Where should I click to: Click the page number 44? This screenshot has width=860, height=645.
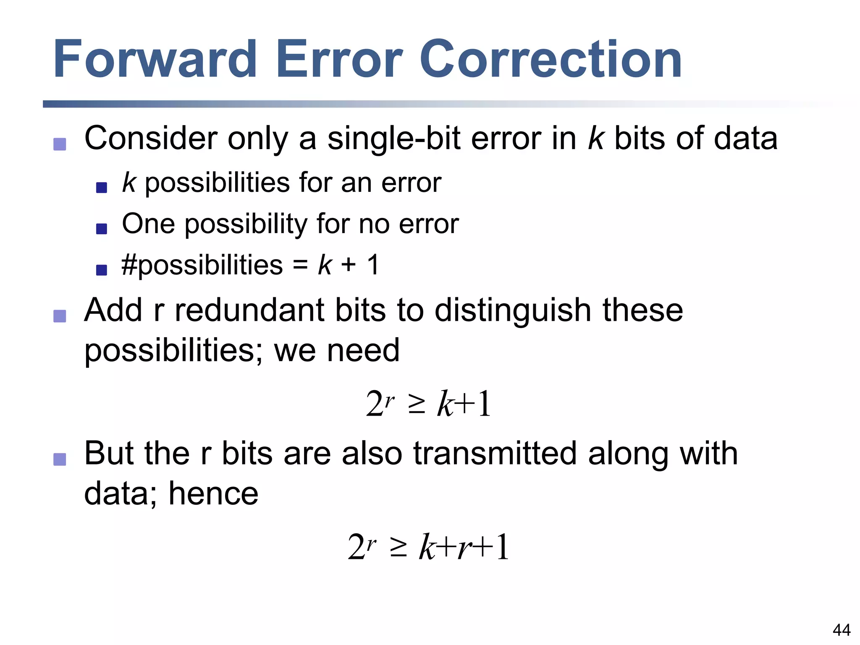point(841,630)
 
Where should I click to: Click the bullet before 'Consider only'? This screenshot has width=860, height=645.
point(60,144)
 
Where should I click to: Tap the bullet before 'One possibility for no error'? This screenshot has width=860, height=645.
point(102,228)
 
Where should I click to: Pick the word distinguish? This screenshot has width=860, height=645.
point(513,311)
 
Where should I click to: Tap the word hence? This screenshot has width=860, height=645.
point(213,493)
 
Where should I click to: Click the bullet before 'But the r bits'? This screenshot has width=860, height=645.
point(60,459)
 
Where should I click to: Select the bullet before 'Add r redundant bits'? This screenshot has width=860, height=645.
point(60,316)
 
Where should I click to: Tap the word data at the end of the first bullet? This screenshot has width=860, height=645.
point(745,139)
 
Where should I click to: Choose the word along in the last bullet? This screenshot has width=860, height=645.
point(628,454)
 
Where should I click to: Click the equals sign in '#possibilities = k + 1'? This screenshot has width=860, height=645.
point(300,266)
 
